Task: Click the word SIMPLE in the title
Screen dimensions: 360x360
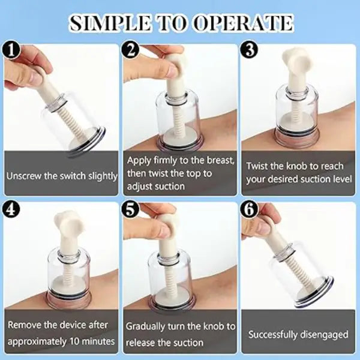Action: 110,23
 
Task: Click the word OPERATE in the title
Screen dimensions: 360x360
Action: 243,23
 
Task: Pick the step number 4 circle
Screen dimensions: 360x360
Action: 11,210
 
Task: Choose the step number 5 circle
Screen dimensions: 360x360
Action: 131,210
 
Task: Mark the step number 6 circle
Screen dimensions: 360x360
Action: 250,210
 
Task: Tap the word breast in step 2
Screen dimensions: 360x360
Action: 220,160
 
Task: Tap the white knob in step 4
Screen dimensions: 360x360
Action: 69,221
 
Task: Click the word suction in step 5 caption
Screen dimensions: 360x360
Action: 190,343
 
